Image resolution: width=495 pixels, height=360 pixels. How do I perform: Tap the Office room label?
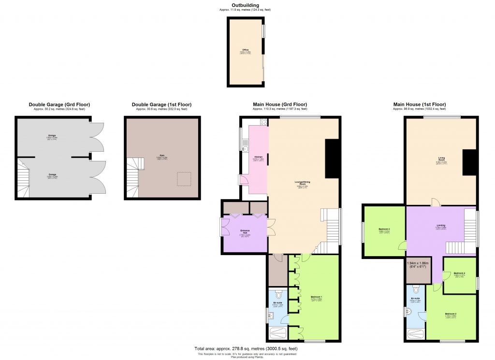pos(246,50)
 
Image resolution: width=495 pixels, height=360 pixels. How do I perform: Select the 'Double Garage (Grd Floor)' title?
pos(59,104)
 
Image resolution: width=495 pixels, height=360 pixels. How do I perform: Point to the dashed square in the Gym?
pos(184,179)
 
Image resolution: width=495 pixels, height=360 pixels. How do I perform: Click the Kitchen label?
pos(258,157)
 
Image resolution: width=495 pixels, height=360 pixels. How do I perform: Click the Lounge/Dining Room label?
pos(304,183)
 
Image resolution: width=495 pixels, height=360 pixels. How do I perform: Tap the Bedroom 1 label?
pos(317,297)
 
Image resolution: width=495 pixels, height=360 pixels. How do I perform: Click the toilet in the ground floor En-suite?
pos(278,294)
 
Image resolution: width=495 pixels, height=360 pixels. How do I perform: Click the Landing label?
pos(440,225)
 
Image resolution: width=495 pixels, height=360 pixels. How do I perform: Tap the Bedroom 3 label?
pos(384,230)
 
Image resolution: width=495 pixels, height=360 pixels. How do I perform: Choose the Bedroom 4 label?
pos(459,274)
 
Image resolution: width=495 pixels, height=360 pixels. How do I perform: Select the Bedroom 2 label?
pos(451,314)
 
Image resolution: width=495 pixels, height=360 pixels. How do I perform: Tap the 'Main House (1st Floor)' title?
pos(419,104)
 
